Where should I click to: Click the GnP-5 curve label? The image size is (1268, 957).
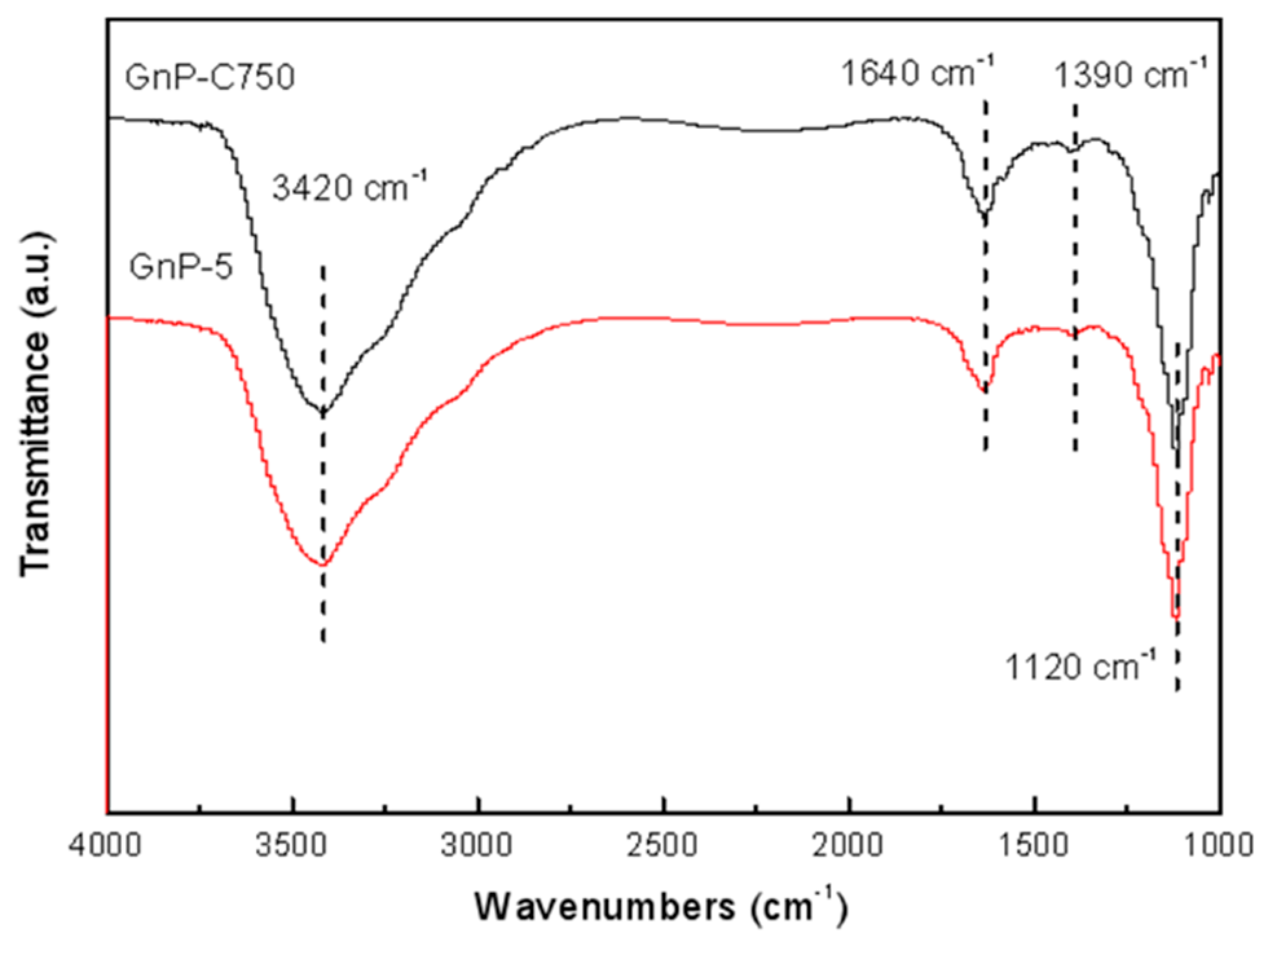tap(180, 266)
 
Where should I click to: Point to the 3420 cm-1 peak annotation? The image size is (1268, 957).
tap(350, 188)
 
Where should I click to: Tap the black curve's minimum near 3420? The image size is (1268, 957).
tap(322, 411)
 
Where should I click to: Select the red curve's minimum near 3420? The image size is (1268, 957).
tap(322, 565)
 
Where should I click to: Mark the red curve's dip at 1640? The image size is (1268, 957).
tap(985, 390)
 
